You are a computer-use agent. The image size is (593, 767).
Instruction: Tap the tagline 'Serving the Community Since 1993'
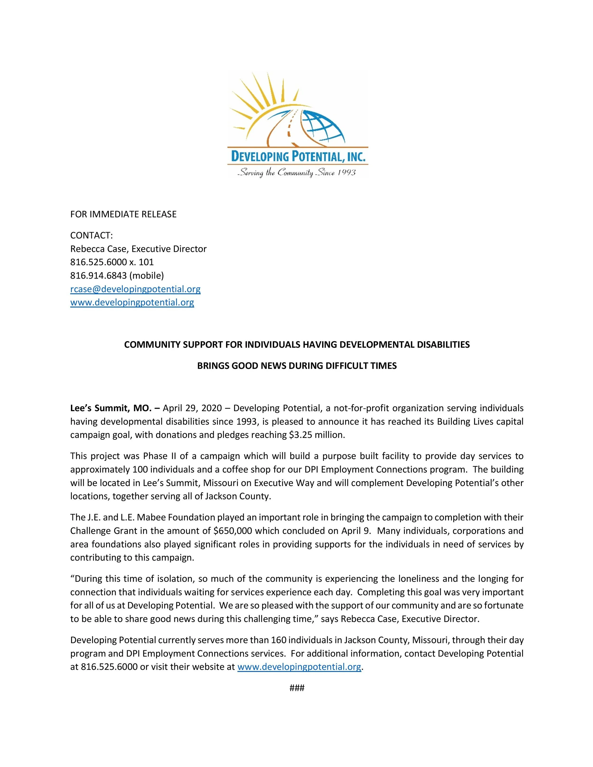(x=297, y=173)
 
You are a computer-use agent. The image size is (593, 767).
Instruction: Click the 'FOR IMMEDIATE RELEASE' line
(x=123, y=214)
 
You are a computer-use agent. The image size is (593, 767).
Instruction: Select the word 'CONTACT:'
(x=91, y=235)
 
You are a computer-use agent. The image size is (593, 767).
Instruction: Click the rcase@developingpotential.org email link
(x=135, y=289)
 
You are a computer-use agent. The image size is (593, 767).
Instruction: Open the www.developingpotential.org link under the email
(x=132, y=302)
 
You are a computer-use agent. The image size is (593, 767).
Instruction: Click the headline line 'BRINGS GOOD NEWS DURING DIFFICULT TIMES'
(x=297, y=366)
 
